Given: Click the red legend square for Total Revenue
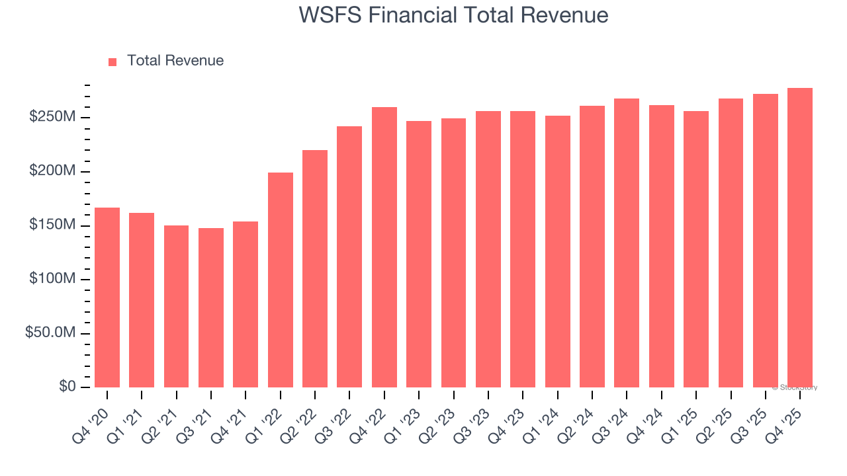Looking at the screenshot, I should pos(112,61).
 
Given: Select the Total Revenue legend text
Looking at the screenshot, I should pos(175,61).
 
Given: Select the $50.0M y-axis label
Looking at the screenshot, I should pos(50,333).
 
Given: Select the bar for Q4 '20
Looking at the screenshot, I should pos(107,297).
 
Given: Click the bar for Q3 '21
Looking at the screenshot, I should pos(211,307).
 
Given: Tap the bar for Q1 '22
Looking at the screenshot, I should pos(281,280).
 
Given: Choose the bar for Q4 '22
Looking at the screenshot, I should pos(384,247).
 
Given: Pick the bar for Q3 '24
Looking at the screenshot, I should pos(627,243).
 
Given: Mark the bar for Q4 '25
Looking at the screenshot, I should pos(800,238).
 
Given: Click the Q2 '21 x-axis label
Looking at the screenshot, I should pos(166,416).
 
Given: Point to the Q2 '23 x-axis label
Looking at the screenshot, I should pos(443,416).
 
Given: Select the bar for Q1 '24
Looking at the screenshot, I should pos(558,251).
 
